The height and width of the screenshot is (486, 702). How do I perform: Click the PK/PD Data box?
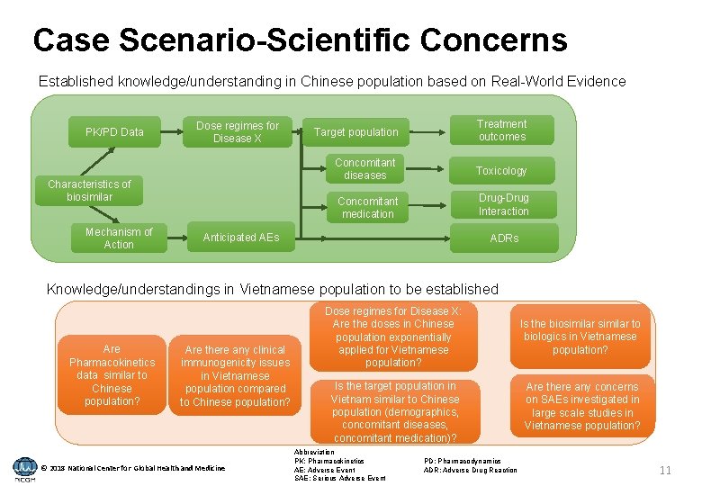(114, 132)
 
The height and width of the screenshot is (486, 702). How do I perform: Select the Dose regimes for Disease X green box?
(238, 132)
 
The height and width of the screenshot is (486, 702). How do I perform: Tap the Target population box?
(355, 132)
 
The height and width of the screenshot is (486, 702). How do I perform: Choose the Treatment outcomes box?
(502, 130)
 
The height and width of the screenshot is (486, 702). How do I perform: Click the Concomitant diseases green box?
(364, 169)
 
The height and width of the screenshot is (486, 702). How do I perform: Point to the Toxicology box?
(501, 171)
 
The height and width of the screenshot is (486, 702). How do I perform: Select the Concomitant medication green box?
(367, 208)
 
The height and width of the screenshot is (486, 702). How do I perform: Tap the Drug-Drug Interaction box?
(503, 205)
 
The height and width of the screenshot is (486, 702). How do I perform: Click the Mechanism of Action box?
(119, 238)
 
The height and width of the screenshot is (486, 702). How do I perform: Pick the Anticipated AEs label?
(241, 238)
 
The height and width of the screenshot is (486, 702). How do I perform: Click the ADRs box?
(504, 238)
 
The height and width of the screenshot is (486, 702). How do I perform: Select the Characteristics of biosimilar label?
(89, 190)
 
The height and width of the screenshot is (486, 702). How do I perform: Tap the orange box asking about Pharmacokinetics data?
(112, 375)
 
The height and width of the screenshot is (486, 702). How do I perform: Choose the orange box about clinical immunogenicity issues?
(235, 376)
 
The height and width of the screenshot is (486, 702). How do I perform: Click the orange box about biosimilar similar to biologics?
(580, 337)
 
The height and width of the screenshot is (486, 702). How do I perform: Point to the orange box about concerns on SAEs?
(582, 406)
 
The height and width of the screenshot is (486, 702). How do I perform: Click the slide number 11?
(665, 471)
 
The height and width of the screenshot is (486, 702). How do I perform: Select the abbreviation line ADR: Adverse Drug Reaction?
(470, 470)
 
